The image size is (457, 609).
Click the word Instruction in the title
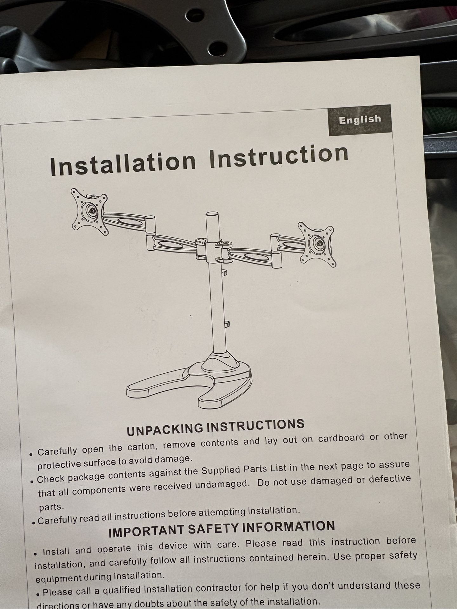coord(279,155)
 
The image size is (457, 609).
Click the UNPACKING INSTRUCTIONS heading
coord(215,427)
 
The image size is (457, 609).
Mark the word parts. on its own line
coord(51,507)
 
